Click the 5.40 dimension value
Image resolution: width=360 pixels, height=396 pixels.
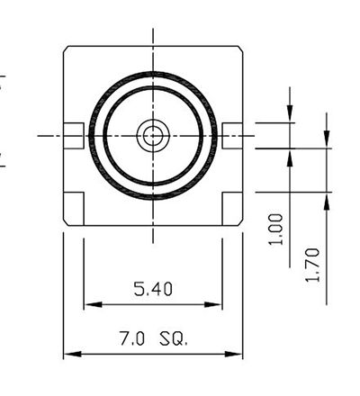[x=153, y=289]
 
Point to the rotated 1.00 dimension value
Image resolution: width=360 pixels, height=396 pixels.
[x=277, y=229]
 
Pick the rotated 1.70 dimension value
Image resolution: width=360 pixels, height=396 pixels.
[x=312, y=265]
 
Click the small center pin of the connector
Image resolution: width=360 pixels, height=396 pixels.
[x=153, y=137]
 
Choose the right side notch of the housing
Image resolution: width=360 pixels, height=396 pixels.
[x=232, y=137]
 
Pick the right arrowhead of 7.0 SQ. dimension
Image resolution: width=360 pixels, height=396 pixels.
[x=238, y=355]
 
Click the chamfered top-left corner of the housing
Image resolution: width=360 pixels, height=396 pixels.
[x=66, y=49]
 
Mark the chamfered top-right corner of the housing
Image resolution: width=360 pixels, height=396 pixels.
[x=240, y=49]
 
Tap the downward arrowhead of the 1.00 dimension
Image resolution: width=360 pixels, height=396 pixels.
[x=290, y=115]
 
